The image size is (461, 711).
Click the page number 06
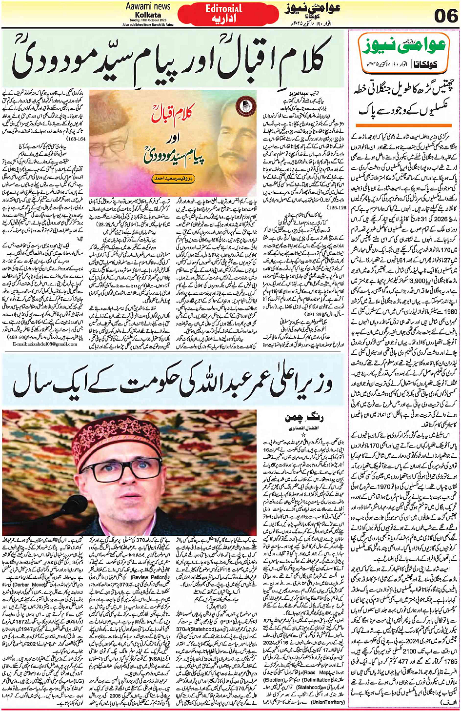tap(444, 16)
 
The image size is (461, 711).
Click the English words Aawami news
tap(148, 6)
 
